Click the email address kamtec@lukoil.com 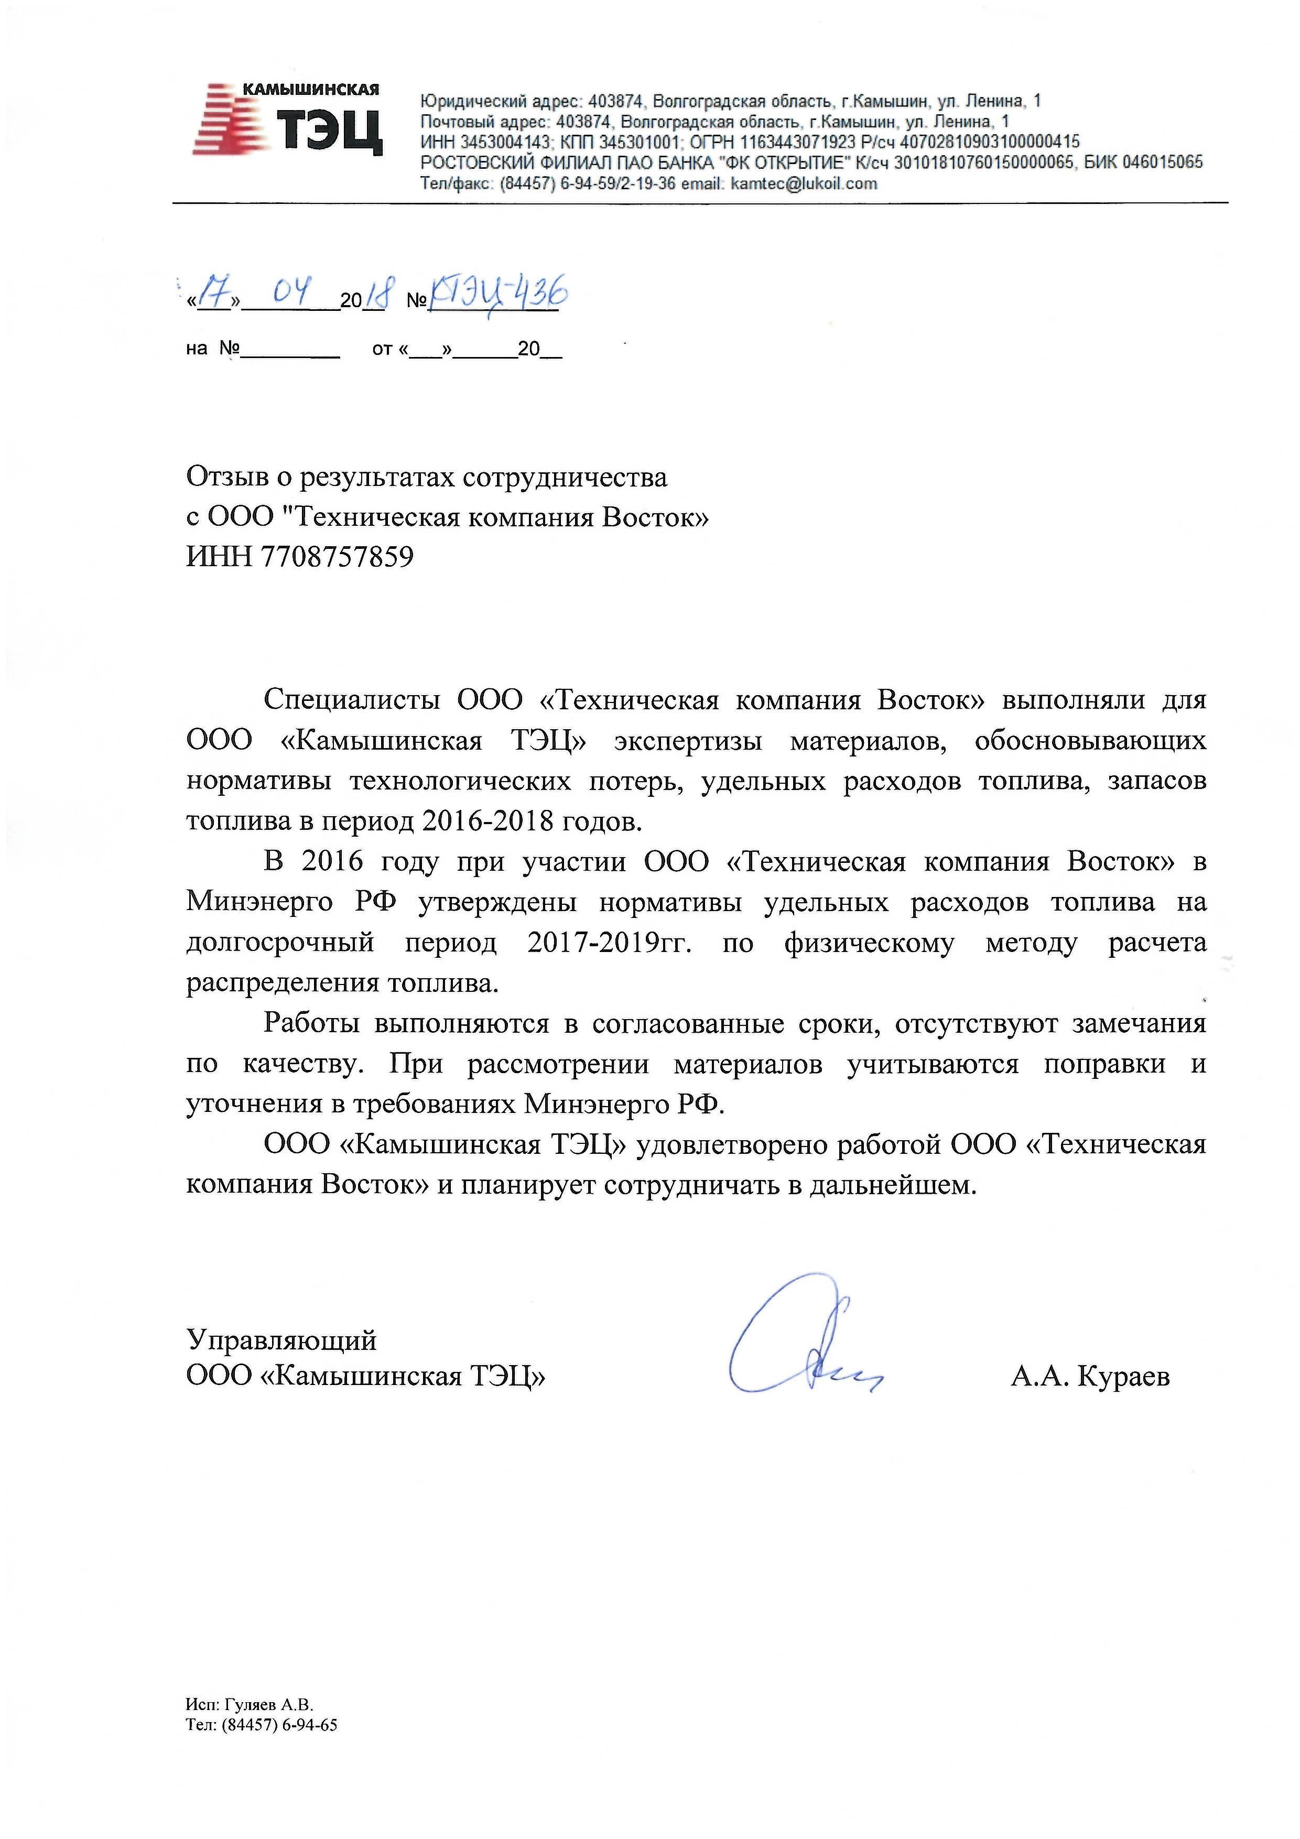[804, 183]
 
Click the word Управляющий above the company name [281, 1339]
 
